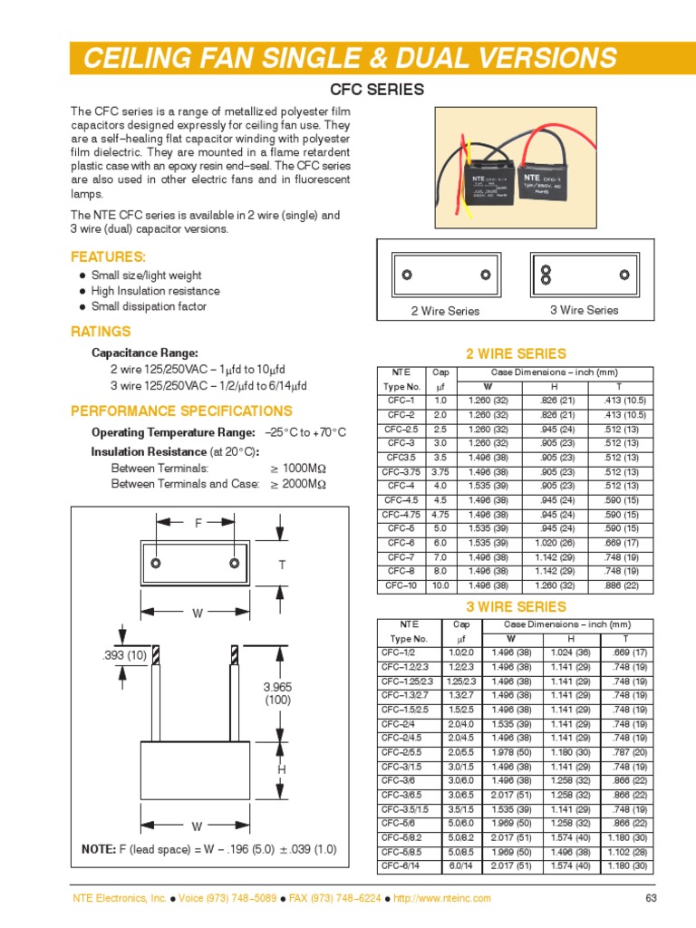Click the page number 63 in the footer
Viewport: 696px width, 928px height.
click(x=650, y=898)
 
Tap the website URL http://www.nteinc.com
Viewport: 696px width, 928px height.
click(x=442, y=898)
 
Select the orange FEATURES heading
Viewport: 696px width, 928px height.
click(x=108, y=257)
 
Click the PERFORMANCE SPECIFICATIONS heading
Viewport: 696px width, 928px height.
click(x=181, y=411)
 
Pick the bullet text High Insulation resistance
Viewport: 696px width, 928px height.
click(x=155, y=291)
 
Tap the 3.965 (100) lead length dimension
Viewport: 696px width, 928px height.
click(x=276, y=695)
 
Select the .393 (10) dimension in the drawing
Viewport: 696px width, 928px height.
click(x=124, y=655)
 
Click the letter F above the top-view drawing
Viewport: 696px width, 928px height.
click(x=198, y=523)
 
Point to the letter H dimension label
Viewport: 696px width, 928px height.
click(x=282, y=768)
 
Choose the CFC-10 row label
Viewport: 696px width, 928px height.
click(x=401, y=585)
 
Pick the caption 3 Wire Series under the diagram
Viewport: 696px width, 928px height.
click(x=584, y=310)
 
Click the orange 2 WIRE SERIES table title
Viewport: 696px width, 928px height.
click(x=515, y=353)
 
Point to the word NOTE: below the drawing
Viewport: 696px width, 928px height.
click(x=99, y=849)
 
